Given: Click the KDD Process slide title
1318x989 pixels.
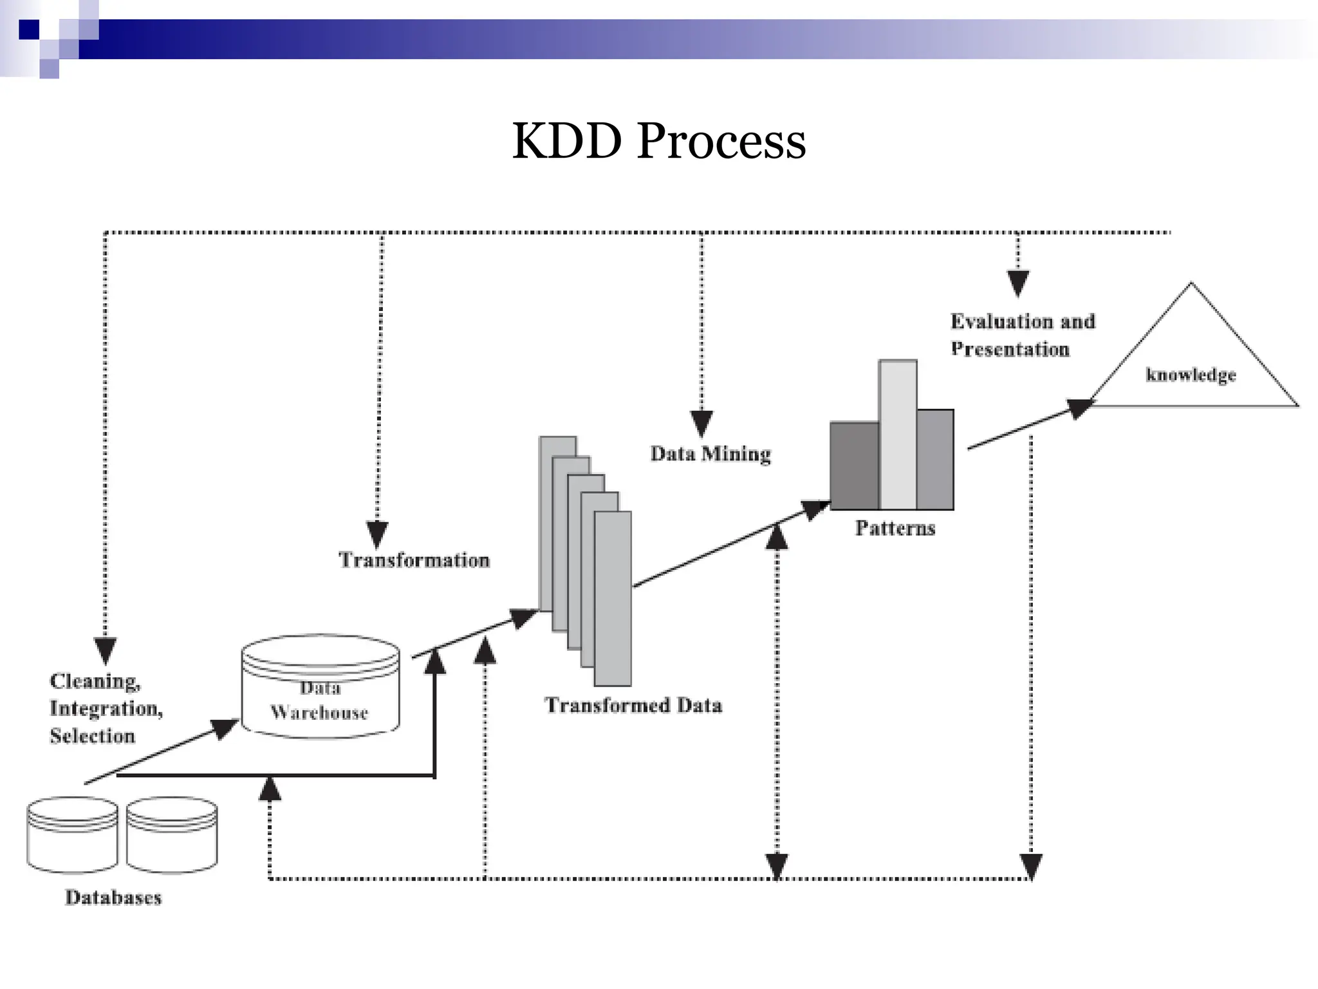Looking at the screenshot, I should [x=658, y=141].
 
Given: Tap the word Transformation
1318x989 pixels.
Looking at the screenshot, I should [x=414, y=560].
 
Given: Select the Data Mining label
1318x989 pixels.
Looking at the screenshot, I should [x=710, y=454].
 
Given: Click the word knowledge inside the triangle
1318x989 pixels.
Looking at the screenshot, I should [x=1191, y=375].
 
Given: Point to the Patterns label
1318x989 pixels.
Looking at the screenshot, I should [x=895, y=528].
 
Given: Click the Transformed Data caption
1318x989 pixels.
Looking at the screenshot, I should [x=633, y=706].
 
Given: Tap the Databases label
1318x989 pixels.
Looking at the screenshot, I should [x=113, y=898].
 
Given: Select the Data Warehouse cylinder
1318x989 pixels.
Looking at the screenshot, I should [x=320, y=686].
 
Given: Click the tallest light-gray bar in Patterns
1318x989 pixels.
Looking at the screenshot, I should [x=898, y=435].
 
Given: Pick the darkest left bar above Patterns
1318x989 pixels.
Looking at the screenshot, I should [x=854, y=466].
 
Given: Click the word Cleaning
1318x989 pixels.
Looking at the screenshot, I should [x=95, y=681].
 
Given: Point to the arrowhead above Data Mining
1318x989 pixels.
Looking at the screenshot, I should [x=701, y=423].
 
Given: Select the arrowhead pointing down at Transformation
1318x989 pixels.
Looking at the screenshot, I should [x=377, y=534].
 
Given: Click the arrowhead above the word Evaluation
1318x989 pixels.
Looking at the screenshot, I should [x=1017, y=283].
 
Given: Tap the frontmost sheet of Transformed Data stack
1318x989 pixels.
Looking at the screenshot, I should [x=613, y=599].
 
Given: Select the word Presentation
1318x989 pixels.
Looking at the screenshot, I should [x=1010, y=350].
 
